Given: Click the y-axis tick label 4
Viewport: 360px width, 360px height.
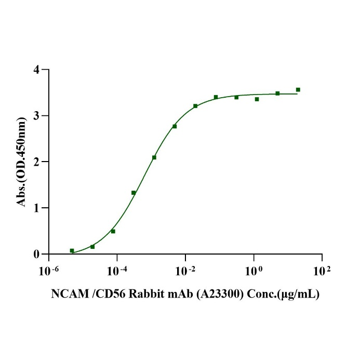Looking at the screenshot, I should (x=36, y=69).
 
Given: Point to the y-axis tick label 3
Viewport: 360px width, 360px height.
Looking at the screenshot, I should (x=36, y=115).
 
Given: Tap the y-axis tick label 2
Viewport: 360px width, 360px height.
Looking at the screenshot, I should (x=36, y=162).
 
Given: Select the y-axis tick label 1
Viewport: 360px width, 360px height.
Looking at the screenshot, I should (x=36, y=208).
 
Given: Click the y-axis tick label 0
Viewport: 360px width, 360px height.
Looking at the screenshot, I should (x=36, y=254).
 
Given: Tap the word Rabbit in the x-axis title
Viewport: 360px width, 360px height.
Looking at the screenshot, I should (x=149, y=295).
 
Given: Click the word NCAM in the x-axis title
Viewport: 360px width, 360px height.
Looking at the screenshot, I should (x=65, y=295).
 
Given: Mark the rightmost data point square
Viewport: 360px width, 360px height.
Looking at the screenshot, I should (x=298, y=89).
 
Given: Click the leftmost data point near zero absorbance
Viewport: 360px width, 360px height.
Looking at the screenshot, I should (x=72, y=250).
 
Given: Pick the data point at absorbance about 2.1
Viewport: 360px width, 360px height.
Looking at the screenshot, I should (x=154, y=157).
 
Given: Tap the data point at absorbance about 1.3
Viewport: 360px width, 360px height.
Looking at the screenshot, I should (x=134, y=193).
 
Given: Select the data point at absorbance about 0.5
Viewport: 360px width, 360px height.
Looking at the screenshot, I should (x=113, y=231).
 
